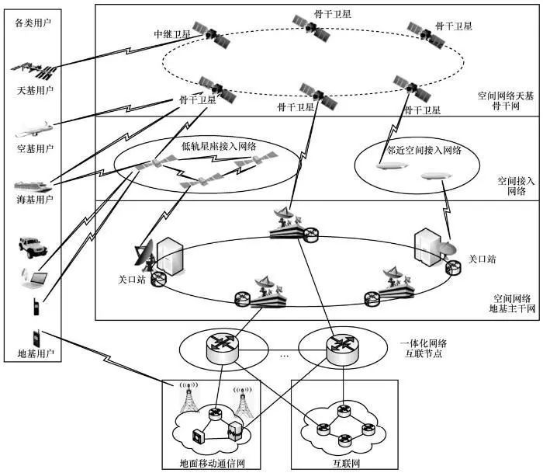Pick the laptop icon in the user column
click(34, 277)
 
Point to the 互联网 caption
click(344, 464)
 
